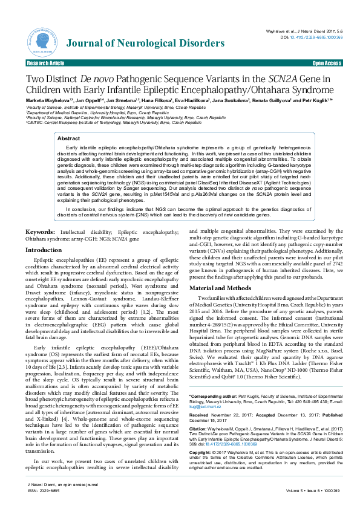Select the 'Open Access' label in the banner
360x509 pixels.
click(326, 63)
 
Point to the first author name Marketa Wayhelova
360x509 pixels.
click(45, 100)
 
